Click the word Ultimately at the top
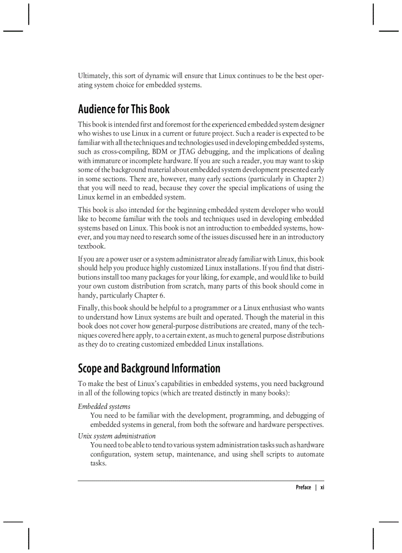[94, 76]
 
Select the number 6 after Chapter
[162, 295]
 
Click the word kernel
[107, 197]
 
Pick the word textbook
[92, 246]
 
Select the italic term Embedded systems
[104, 406]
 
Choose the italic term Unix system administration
[117, 436]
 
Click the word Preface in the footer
[303, 488]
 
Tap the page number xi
[322, 488]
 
